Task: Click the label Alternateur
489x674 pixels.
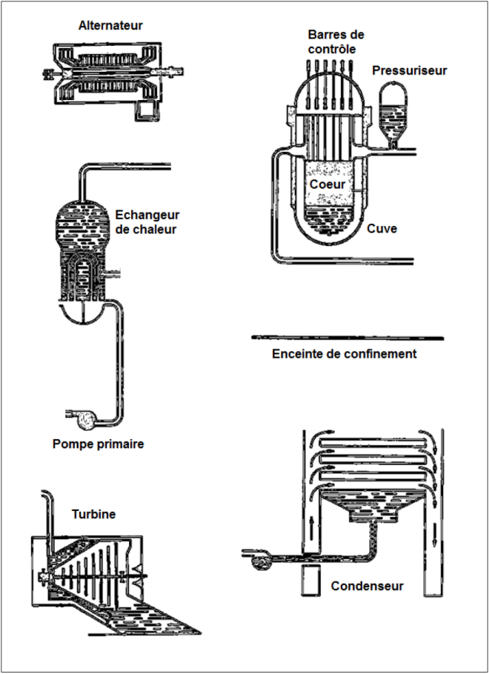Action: point(110,25)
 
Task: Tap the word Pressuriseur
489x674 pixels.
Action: point(410,70)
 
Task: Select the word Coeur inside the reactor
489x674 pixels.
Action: point(327,184)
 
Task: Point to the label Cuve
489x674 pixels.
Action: point(382,228)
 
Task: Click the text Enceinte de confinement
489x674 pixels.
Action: point(345,354)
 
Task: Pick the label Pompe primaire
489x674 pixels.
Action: point(99,444)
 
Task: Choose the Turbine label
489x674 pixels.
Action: point(94,514)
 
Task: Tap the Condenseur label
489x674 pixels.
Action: point(367,586)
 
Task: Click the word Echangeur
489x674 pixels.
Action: point(147,215)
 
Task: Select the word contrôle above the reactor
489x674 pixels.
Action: point(332,49)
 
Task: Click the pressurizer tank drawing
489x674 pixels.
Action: point(393,114)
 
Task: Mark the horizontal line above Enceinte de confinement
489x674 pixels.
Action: point(347,338)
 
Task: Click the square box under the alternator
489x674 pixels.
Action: point(146,111)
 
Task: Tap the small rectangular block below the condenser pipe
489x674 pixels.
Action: point(310,581)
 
